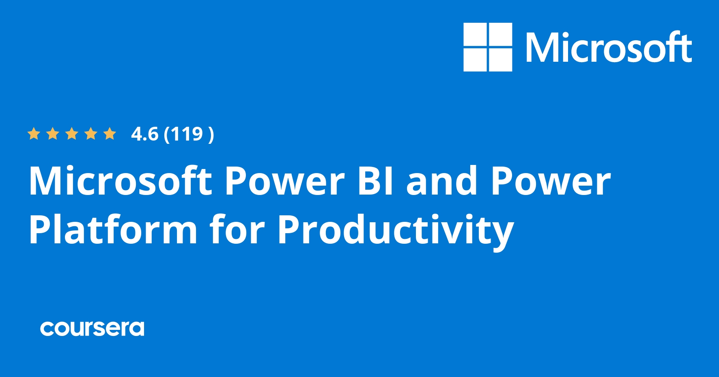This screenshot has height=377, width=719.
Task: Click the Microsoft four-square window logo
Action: tap(488, 47)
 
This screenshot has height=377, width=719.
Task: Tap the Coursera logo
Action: tap(92, 328)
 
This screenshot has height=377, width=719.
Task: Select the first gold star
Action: tap(33, 134)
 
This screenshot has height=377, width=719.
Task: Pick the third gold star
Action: tap(72, 134)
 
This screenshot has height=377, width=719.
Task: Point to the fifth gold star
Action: tap(110, 134)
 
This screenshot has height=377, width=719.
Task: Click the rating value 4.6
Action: tap(144, 134)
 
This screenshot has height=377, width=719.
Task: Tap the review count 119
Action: tap(187, 134)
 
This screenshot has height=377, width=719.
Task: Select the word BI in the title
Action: tap(375, 181)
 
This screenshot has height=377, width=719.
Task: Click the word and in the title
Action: tap(442, 181)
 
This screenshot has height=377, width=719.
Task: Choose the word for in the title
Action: tap(237, 230)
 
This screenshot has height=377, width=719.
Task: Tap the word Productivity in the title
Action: tap(396, 230)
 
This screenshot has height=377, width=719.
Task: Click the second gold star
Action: tap(53, 134)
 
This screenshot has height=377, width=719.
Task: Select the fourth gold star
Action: tap(91, 134)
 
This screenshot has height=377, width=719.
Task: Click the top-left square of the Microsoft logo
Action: tap(475, 35)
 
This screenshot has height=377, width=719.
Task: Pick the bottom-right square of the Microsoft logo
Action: tap(500, 60)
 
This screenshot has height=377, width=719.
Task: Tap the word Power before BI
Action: tap(284, 181)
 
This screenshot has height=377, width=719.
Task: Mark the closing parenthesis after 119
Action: tap(211, 134)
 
